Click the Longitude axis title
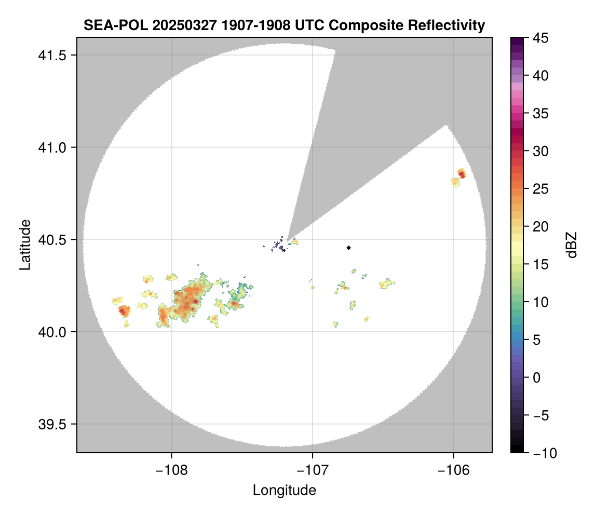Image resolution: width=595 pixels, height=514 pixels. (x=285, y=490)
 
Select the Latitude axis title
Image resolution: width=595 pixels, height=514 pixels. (x=25, y=245)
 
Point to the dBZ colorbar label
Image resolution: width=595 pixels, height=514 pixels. (x=572, y=245)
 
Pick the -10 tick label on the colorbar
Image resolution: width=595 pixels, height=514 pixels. (x=540, y=453)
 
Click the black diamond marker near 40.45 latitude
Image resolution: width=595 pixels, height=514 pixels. (x=348, y=248)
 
